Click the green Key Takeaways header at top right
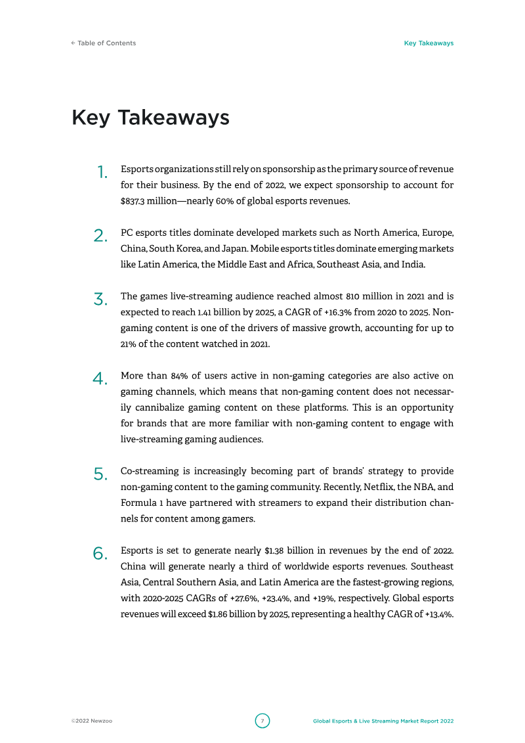[x=429, y=43]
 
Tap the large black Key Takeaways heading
[x=150, y=118]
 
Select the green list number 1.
[x=102, y=173]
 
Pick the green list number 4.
[x=100, y=379]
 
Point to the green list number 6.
[x=100, y=554]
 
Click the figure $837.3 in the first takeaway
[x=133, y=201]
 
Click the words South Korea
[x=177, y=249]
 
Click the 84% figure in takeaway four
[x=180, y=376]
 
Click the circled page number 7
[x=262, y=721]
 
